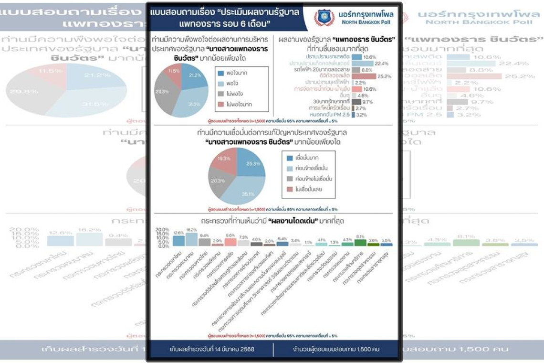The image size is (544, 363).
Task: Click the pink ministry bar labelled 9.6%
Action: tap(230, 242)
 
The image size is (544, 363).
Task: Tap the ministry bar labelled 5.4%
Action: tap(282, 244)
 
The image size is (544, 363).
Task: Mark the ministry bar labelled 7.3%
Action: tap(243, 243)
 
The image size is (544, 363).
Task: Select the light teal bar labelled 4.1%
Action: tap(321, 244)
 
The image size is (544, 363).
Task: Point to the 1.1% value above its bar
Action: tap(308, 242)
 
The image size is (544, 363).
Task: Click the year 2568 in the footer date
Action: tap(247, 349)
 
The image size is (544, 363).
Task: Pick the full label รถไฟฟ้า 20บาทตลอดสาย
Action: tap(325, 70)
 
